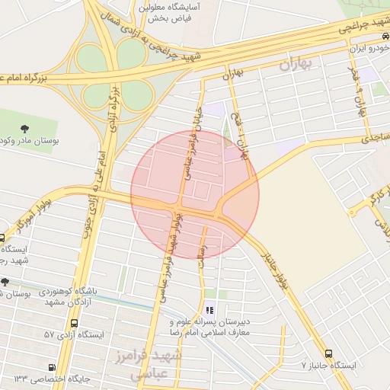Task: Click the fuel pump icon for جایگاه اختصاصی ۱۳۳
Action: pos(52,366)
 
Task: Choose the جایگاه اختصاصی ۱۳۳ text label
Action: pos(46,379)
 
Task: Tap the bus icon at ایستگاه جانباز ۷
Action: pos(328,354)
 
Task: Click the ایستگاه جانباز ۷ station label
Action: pos(328,366)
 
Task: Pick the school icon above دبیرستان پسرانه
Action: pos(209,311)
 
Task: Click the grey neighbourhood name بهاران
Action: pos(285,66)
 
